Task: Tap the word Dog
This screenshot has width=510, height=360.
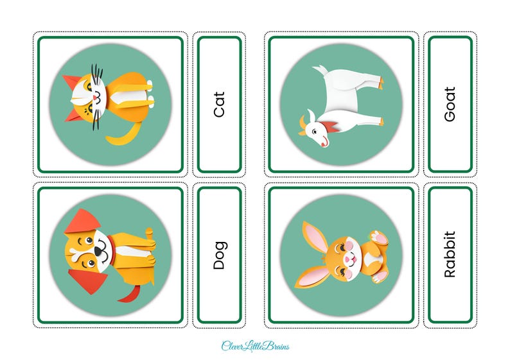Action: tap(220, 255)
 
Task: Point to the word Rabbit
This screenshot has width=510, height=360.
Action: tap(450, 254)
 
